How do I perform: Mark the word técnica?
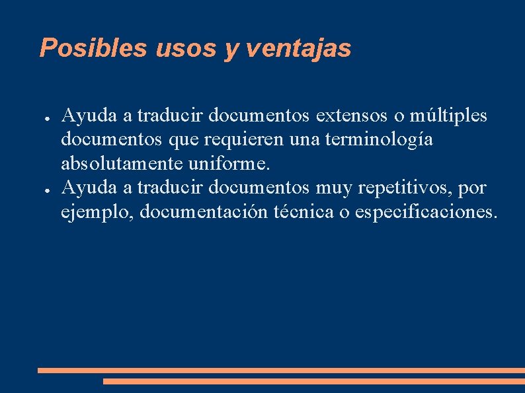[x=304, y=212]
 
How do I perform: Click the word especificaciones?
[x=424, y=212]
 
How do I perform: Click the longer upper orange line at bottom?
[x=281, y=371]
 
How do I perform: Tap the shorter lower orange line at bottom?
[x=313, y=381]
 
